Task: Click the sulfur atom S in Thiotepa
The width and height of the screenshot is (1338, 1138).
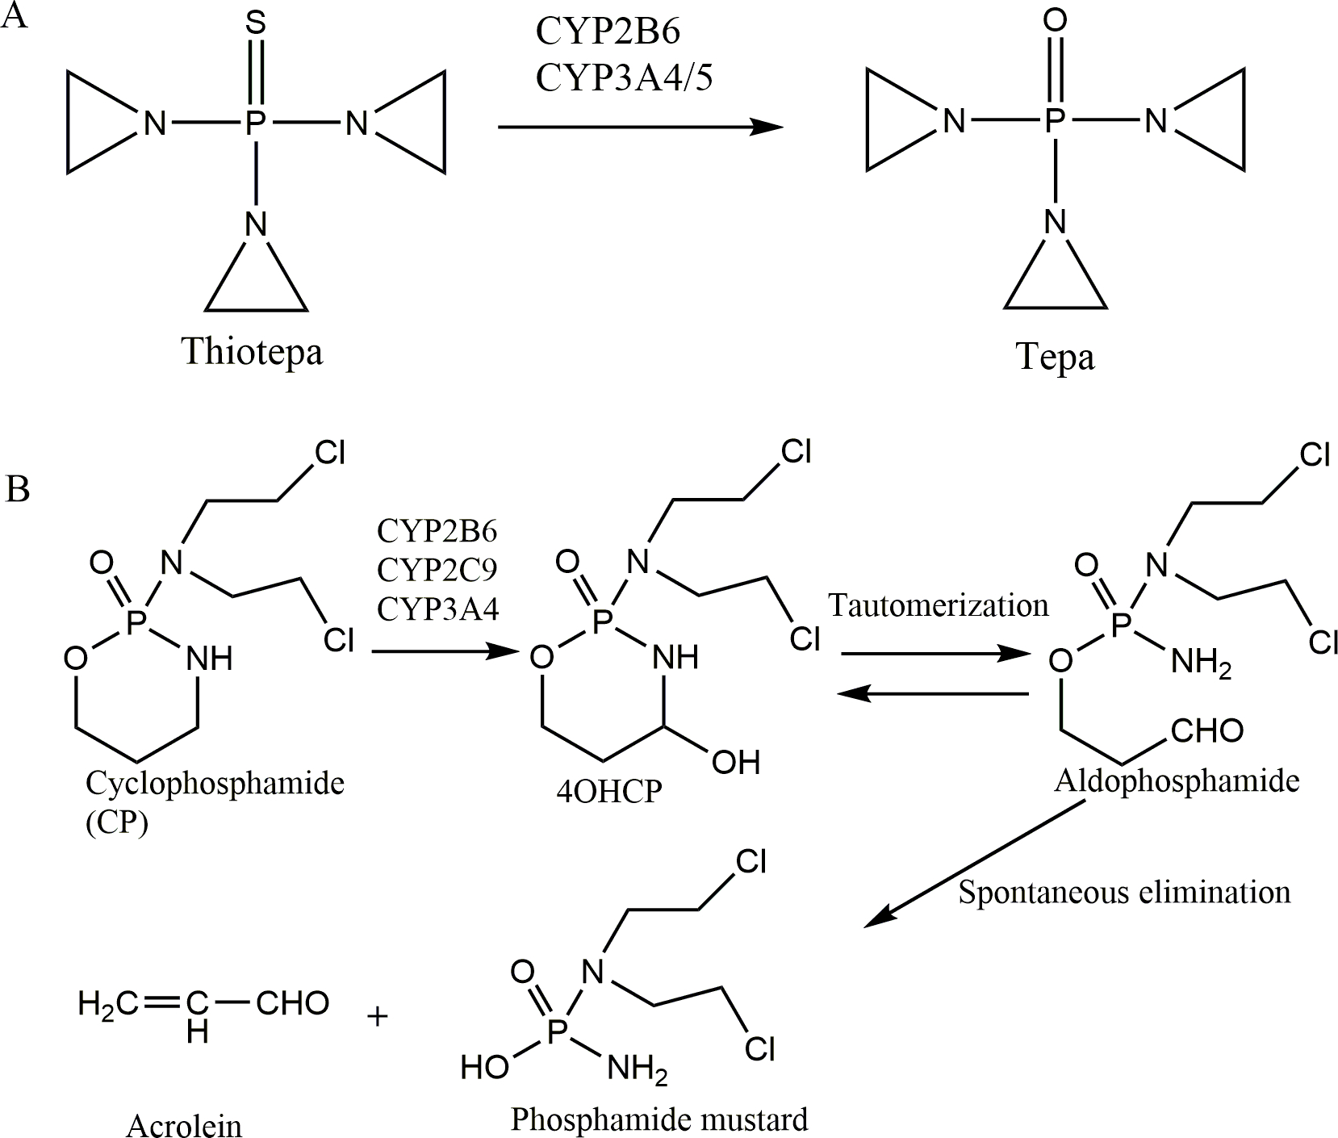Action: click(255, 24)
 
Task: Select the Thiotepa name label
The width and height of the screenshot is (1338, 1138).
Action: click(252, 352)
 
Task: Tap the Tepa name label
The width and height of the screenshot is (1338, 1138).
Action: click(1055, 356)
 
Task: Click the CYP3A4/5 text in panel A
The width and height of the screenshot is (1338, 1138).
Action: click(624, 78)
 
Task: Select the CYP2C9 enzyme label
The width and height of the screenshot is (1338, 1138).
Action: click(437, 570)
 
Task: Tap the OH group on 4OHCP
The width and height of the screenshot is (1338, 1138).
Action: click(735, 762)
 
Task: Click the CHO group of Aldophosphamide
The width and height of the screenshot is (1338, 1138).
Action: click(1206, 731)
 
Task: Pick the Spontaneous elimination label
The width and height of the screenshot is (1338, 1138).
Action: click(1124, 892)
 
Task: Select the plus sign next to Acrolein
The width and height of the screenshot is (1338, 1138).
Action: click(377, 1015)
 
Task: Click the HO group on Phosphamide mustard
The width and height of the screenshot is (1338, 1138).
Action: click(484, 1068)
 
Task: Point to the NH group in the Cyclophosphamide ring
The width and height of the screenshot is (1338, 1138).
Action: click(209, 659)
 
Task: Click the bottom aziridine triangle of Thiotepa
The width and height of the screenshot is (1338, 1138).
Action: click(256, 282)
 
